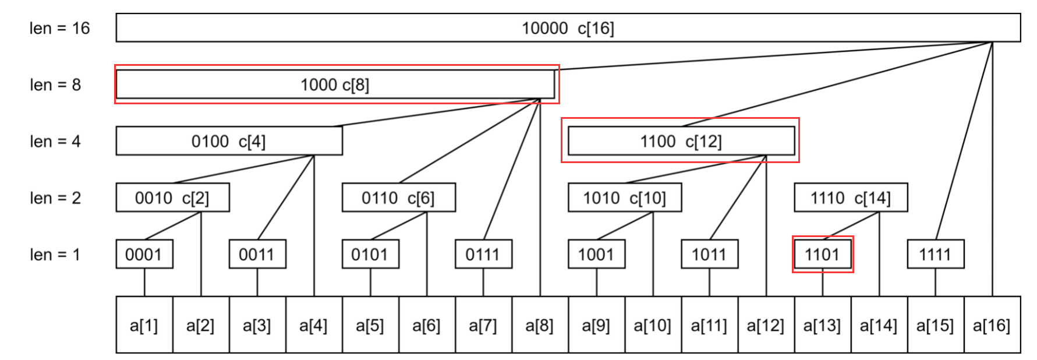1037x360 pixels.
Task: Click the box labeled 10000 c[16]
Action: click(568, 28)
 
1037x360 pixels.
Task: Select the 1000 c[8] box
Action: click(335, 84)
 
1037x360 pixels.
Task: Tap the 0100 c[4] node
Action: click(229, 141)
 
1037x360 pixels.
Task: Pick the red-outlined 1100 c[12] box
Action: click(681, 141)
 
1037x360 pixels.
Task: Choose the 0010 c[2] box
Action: click(172, 198)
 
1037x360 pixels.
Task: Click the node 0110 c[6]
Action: click(398, 198)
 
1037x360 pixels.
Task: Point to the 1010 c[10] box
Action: click(624, 198)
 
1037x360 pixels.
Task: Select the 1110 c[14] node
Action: click(850, 198)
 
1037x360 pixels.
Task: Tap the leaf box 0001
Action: click(144, 255)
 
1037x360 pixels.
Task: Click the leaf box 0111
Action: click(483, 255)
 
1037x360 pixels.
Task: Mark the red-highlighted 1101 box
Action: click(822, 255)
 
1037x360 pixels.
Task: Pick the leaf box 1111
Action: click(935, 255)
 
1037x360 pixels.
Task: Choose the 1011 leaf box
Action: click(709, 255)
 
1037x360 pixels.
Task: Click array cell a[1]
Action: click(144, 325)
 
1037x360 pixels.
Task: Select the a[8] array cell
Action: click(539, 325)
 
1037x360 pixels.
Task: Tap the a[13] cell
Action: click(822, 325)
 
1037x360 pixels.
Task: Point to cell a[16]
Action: click(992, 325)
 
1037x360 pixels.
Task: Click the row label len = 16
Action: click(59, 28)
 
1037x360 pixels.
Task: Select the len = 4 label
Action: click(55, 141)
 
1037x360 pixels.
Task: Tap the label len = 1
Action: click(55, 255)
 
